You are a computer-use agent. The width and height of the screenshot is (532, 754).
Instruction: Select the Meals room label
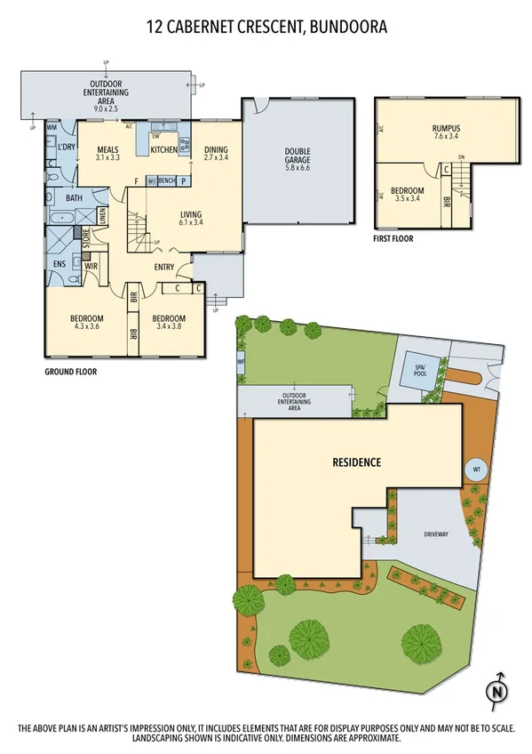(108, 149)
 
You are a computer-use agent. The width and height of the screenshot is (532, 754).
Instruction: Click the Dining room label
(216, 149)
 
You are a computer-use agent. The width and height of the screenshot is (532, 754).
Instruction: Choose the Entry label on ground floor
(163, 267)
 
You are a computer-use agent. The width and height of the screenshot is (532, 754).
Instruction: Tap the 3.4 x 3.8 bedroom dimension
(168, 328)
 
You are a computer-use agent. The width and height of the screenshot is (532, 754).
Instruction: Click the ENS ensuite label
(59, 264)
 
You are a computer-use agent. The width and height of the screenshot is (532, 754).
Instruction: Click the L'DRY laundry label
(66, 148)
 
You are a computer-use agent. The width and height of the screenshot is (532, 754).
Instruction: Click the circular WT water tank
(475, 469)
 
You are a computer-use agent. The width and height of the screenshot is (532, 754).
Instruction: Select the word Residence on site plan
(356, 462)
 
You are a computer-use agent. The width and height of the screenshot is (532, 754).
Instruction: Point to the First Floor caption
(395, 238)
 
